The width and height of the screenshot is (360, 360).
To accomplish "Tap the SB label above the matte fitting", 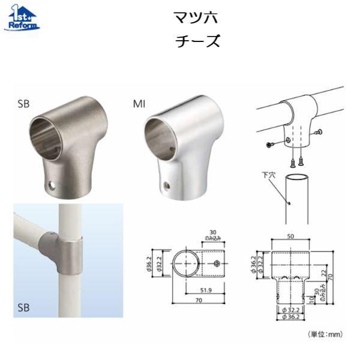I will [23, 103].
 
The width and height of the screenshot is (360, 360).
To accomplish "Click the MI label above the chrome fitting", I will [139, 103].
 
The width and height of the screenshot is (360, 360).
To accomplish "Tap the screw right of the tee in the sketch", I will [319, 132].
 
